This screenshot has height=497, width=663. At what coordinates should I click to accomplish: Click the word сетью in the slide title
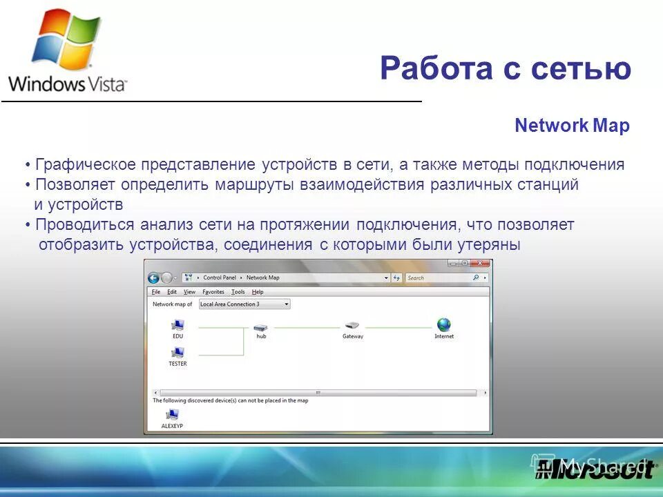(x=581, y=68)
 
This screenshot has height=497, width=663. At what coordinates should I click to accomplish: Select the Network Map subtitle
(x=572, y=126)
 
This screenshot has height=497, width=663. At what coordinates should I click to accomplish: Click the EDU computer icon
(x=177, y=325)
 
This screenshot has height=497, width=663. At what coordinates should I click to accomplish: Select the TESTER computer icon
(x=177, y=353)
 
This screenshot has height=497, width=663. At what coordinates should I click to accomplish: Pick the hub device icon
(x=260, y=327)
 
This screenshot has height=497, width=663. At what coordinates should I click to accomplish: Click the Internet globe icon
(x=443, y=324)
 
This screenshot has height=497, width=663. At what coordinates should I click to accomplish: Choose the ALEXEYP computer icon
(x=172, y=414)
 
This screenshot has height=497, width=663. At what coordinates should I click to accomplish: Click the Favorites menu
(x=213, y=292)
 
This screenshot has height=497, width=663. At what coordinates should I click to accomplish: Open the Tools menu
(x=238, y=292)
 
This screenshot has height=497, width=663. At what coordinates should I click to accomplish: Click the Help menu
(x=258, y=292)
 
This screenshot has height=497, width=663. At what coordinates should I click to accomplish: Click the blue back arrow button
(x=154, y=278)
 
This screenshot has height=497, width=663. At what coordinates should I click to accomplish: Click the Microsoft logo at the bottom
(x=595, y=469)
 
